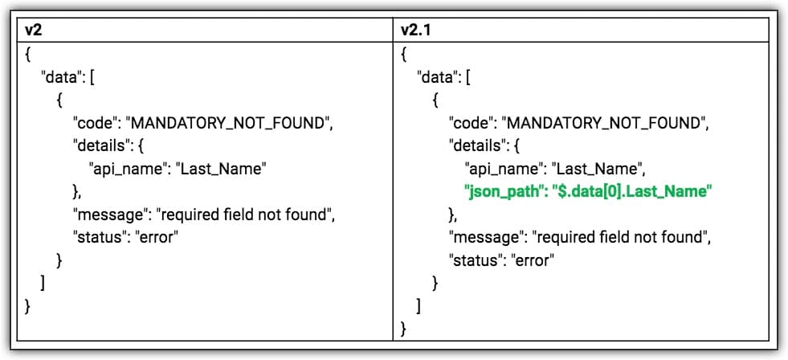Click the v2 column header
click(33, 31)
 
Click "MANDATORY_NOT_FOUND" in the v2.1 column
click(605, 123)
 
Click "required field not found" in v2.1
click(623, 237)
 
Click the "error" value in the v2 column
click(157, 237)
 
